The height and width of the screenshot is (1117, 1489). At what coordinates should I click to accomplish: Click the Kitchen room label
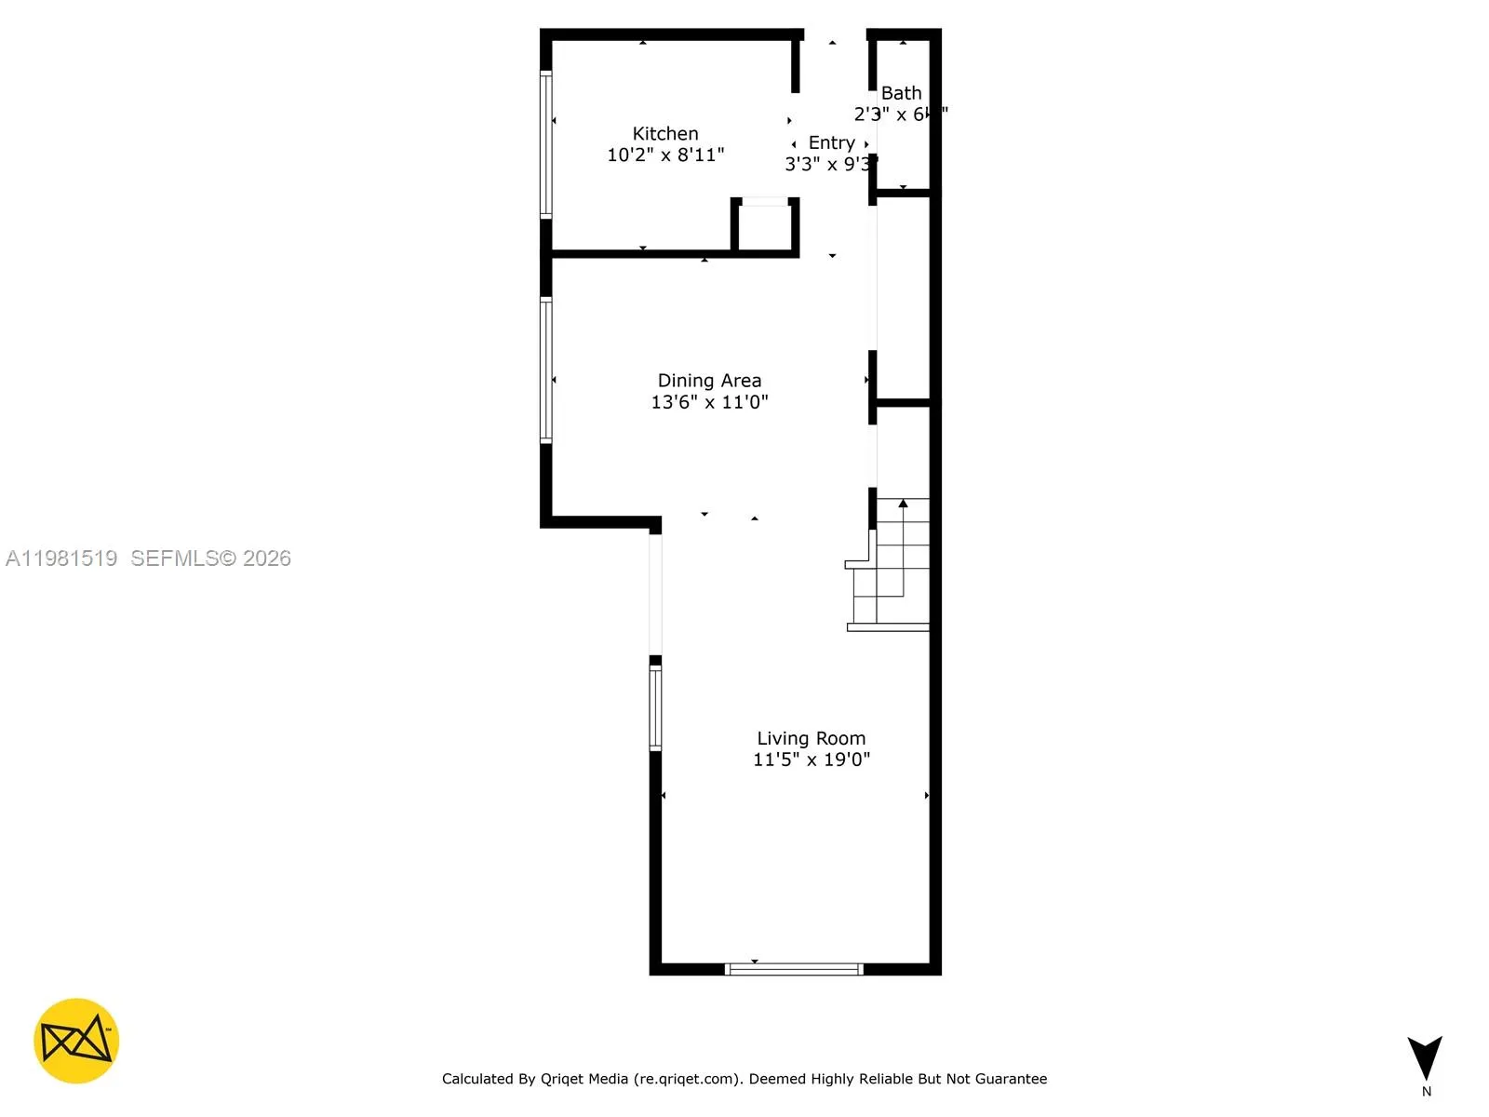pyautogui.click(x=664, y=134)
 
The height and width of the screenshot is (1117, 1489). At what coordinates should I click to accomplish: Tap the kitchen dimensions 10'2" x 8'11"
pyautogui.click(x=664, y=155)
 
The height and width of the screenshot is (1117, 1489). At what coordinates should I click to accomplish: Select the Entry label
pyautogui.click(x=831, y=142)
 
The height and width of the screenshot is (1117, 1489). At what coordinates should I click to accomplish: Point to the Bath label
pyautogui.click(x=901, y=93)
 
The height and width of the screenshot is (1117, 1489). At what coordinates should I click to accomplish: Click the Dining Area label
pyautogui.click(x=709, y=381)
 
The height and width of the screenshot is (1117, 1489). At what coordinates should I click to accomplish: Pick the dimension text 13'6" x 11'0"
pyautogui.click(x=709, y=402)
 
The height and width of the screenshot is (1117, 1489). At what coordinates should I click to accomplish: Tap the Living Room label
pyautogui.click(x=811, y=738)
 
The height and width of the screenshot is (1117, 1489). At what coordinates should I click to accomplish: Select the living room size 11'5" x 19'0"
pyautogui.click(x=811, y=760)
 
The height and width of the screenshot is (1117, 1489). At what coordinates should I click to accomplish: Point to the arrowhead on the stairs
pyautogui.click(x=903, y=504)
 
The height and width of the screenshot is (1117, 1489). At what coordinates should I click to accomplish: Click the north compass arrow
pyautogui.click(x=1425, y=1057)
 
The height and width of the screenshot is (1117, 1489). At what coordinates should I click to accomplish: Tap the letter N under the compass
pyautogui.click(x=1427, y=1092)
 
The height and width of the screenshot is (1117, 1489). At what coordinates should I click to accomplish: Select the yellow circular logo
pyautogui.click(x=76, y=1041)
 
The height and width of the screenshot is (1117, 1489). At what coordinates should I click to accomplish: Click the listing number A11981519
pyautogui.click(x=61, y=558)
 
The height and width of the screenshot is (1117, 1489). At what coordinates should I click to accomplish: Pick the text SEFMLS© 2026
pyautogui.click(x=210, y=558)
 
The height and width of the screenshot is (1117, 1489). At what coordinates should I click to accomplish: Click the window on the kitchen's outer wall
pyautogui.click(x=546, y=144)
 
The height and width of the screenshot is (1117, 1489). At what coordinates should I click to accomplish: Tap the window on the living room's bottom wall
pyautogui.click(x=794, y=969)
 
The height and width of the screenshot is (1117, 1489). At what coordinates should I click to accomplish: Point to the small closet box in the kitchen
pyautogui.click(x=765, y=225)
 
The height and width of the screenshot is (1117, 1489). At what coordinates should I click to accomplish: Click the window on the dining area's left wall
pyautogui.click(x=546, y=370)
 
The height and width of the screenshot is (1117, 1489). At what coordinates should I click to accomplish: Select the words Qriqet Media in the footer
pyautogui.click(x=584, y=1079)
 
